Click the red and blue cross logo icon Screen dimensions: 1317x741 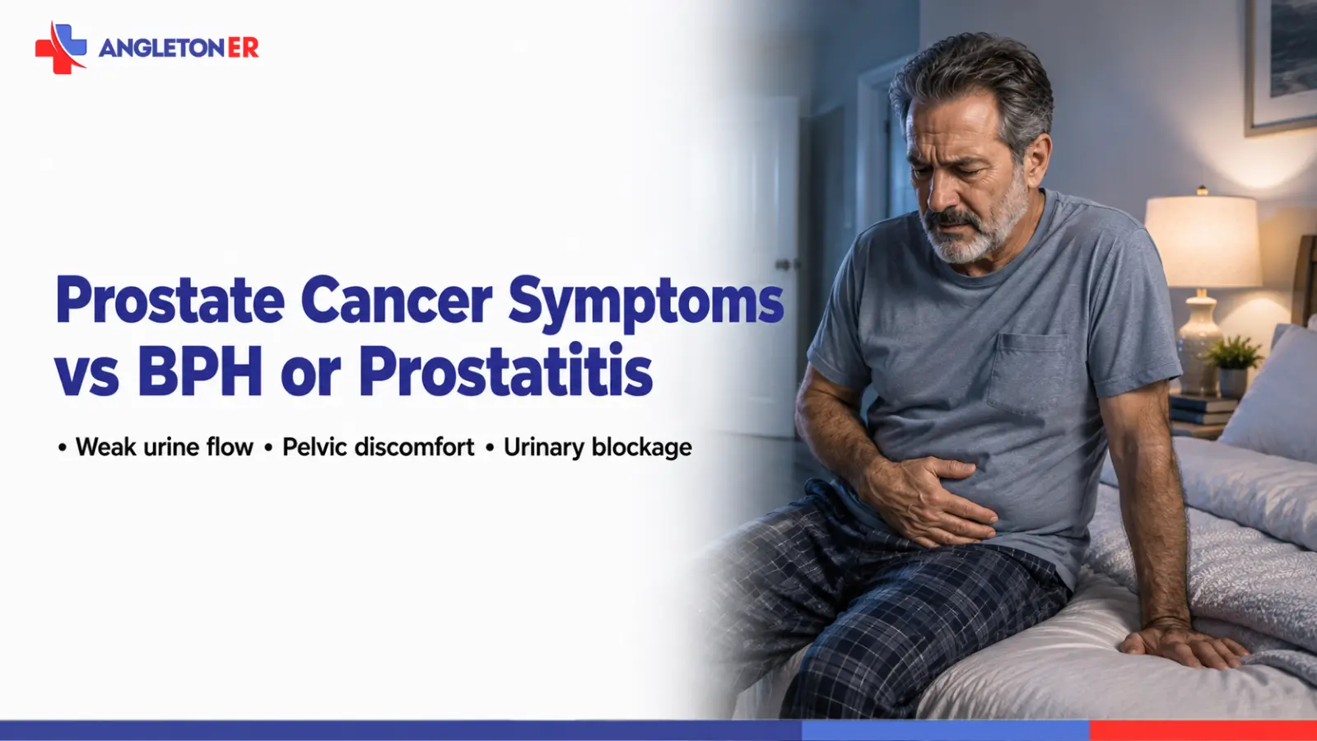pos(61,48)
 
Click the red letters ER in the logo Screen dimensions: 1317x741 pos(243,48)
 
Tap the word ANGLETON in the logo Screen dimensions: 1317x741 pos(161,48)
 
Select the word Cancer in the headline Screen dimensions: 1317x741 pos(396,301)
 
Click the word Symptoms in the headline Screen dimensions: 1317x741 pos(645,305)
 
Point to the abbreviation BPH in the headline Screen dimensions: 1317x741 pos(200,371)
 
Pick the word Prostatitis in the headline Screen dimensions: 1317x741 pos(505,370)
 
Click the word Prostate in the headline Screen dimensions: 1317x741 pos(170,301)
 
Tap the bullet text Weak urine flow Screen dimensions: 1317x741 pos(164,447)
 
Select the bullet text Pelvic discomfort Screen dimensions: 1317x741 pos(378,447)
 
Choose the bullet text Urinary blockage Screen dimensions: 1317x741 pos(598,448)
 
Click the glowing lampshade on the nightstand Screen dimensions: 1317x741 pos(1203,241)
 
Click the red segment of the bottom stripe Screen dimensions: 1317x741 pos(1203,730)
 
